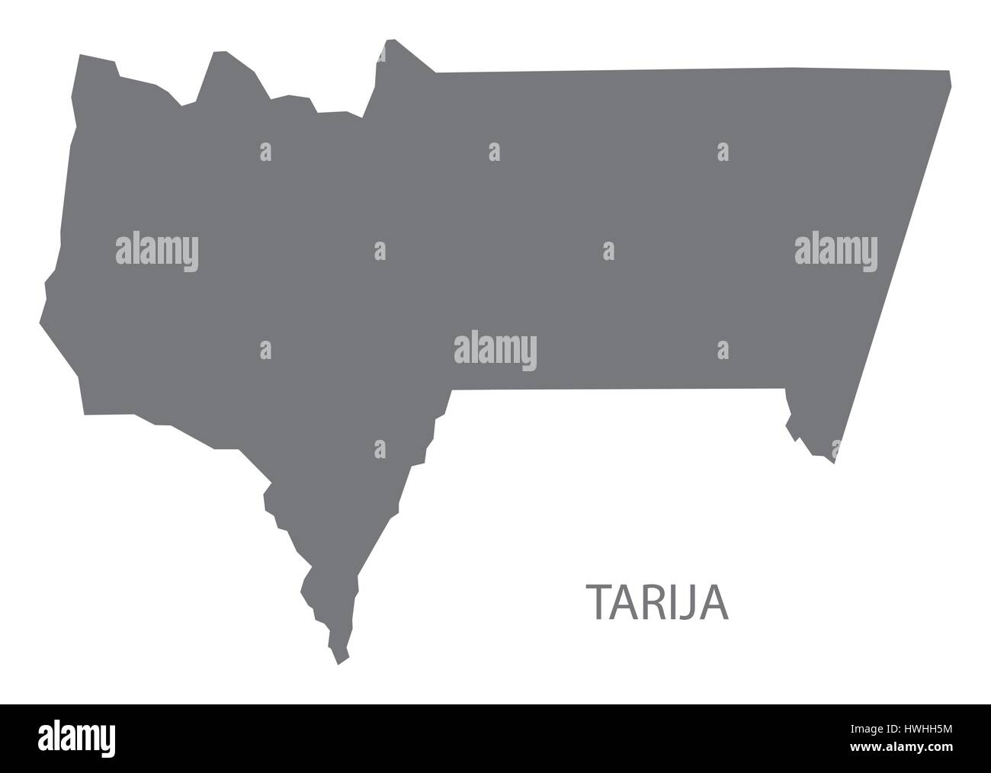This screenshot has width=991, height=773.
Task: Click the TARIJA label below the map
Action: (657, 602)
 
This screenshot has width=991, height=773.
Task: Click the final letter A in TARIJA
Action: (716, 602)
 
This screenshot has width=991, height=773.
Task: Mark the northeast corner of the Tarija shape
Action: (950, 72)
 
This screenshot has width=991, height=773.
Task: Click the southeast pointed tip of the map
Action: (833, 462)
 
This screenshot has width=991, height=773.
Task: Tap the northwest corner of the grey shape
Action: (79, 56)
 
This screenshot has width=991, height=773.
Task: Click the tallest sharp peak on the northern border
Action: (391, 40)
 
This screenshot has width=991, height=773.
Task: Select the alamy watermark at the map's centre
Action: (496, 351)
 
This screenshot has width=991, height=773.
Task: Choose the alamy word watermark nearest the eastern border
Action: (836, 252)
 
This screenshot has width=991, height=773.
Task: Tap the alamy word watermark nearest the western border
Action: (157, 252)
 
